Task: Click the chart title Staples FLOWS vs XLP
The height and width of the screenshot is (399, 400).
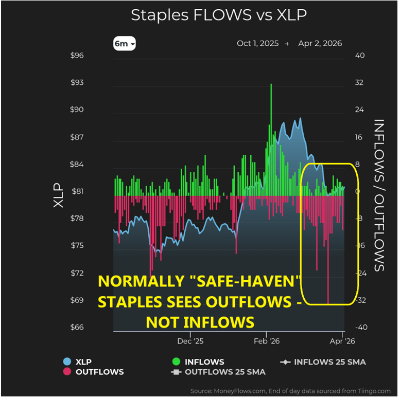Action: point(218,15)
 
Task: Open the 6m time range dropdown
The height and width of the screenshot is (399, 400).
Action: point(125,44)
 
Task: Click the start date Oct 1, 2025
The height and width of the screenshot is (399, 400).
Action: point(257,44)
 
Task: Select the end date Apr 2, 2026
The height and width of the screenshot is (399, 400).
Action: point(320,44)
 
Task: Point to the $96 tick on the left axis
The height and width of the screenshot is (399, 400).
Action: point(77,56)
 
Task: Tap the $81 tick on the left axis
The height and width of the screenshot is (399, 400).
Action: point(77,191)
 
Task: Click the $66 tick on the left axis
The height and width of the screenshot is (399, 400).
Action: point(77,327)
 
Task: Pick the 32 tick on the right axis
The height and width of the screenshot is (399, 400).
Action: point(359,83)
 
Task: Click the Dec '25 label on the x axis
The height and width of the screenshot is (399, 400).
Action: point(190,340)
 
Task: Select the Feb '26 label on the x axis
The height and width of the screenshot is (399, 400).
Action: point(267,340)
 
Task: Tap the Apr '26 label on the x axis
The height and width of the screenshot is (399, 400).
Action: point(342,340)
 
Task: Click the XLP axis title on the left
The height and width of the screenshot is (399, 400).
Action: point(59,195)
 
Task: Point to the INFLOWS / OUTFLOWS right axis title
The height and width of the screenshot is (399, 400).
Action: point(379,195)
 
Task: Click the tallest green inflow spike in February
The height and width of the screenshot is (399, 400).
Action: point(271,87)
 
